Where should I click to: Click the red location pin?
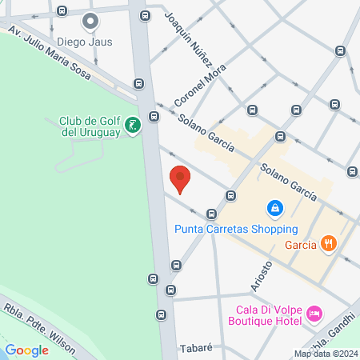tap(180, 178)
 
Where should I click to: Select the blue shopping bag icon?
tap(274, 208)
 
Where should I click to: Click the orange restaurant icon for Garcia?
tap(327, 243)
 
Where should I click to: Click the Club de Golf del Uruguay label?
tap(90, 126)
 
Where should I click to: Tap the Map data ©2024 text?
tap(325, 354)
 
